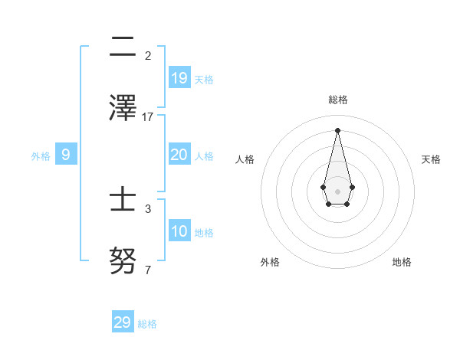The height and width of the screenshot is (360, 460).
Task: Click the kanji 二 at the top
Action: (x=123, y=48)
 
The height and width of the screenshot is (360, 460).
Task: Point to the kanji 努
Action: (x=123, y=261)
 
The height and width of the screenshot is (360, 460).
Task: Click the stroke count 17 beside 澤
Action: (x=148, y=117)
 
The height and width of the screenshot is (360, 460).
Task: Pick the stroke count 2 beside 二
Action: (x=148, y=56)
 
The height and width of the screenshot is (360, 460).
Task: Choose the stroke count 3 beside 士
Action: (x=148, y=208)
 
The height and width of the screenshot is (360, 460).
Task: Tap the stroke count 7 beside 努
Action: (x=148, y=270)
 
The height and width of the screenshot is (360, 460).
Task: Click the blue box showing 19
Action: (x=179, y=77)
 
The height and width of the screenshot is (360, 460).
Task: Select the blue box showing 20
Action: (x=179, y=155)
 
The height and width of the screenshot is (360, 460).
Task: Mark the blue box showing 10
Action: (x=179, y=231)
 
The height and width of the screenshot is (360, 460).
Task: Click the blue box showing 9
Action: (x=66, y=155)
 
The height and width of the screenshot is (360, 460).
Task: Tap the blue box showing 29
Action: (x=123, y=322)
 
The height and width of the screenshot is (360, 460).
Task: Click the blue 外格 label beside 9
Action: (x=41, y=156)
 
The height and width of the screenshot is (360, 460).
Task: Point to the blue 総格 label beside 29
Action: (x=147, y=324)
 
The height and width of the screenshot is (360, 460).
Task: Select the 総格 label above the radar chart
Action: (x=337, y=100)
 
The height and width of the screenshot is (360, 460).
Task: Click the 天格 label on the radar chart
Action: (x=431, y=159)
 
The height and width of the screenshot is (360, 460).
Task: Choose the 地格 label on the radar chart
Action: (x=402, y=262)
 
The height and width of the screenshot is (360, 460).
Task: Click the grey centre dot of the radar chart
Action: (x=337, y=191)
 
